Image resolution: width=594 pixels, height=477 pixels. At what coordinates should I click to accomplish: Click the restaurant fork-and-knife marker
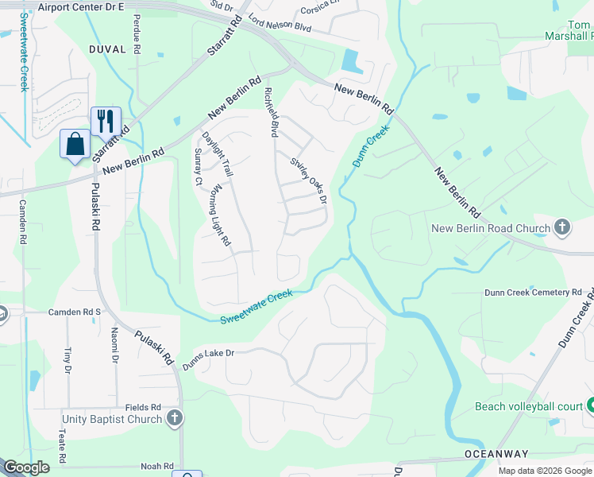click(x=106, y=121)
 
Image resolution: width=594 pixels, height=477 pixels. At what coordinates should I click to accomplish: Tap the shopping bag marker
click(x=75, y=144)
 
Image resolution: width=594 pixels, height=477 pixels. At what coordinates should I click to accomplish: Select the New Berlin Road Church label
click(x=490, y=229)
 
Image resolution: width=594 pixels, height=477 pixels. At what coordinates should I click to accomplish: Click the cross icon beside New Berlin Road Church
click(x=562, y=228)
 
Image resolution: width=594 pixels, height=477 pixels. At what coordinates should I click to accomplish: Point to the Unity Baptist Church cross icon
click(x=175, y=418)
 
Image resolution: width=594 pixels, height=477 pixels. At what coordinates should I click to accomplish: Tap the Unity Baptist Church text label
click(x=112, y=418)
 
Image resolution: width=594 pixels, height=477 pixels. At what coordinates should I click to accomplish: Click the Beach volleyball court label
click(x=529, y=406)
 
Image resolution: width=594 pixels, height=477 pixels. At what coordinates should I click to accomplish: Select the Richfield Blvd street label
click(x=271, y=114)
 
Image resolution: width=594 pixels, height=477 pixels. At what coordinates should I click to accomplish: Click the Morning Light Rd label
click(x=220, y=215)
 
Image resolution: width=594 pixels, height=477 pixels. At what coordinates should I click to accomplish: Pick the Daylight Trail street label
click(x=217, y=153)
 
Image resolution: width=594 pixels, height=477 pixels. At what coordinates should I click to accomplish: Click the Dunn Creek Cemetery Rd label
click(x=533, y=293)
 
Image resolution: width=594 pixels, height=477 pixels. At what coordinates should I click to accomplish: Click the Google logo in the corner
click(x=26, y=467)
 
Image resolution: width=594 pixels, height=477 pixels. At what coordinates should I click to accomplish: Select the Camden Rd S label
click(x=75, y=312)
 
